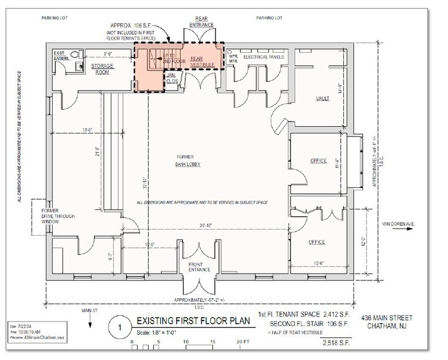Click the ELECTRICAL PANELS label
click(x=264, y=57)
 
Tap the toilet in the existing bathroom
click(x=75, y=54)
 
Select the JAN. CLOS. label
click(x=172, y=78)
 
